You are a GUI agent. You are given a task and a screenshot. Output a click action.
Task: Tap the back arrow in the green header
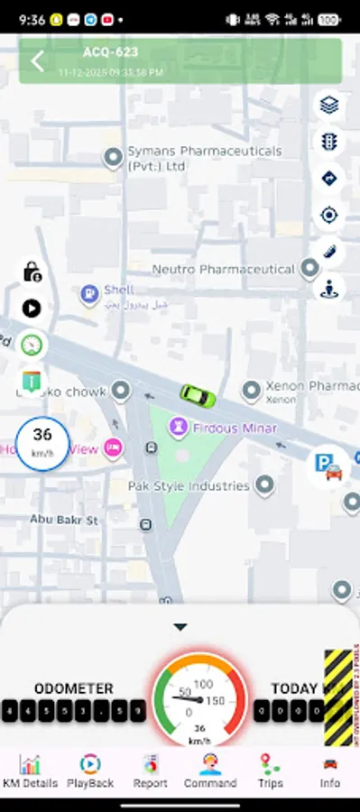click(x=38, y=61)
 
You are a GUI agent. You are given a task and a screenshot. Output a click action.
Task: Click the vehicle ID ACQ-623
click(x=111, y=52)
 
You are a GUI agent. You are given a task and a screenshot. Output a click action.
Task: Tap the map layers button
click(x=328, y=106)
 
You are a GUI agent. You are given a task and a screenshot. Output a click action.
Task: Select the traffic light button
click(x=328, y=142)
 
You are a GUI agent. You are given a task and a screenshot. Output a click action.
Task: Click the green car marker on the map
click(x=197, y=395)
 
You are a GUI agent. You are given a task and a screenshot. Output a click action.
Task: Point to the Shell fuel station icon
click(x=89, y=292)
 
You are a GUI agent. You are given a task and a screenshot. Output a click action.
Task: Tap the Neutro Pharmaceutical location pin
click(x=309, y=268)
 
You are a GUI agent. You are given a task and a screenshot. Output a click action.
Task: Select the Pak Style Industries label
click(x=189, y=485)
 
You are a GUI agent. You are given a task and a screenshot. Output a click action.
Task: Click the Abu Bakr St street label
click(x=64, y=520)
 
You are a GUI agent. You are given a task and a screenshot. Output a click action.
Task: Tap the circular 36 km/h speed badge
click(x=42, y=443)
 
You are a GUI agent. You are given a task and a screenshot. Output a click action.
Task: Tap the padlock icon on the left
click(x=32, y=271)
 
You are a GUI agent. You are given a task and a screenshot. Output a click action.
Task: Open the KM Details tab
click(x=30, y=771)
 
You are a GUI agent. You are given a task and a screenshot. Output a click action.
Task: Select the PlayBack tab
click(x=90, y=771)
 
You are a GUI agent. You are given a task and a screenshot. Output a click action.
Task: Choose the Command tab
click(x=210, y=771)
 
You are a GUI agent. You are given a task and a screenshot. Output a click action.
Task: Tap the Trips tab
click(x=270, y=771)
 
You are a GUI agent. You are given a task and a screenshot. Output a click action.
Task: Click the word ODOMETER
click(x=74, y=688)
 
